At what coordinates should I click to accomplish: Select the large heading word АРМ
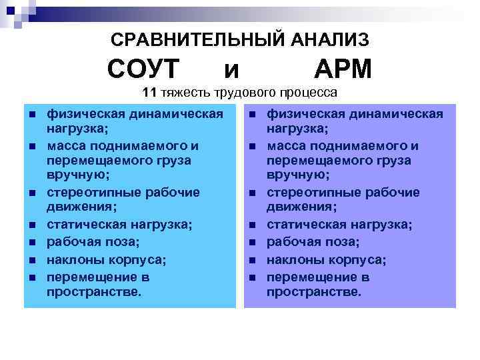click(x=342, y=69)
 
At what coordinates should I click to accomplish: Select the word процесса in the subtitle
click(x=311, y=92)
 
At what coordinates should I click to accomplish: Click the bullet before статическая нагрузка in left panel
click(x=33, y=225)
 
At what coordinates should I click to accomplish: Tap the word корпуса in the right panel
click(x=358, y=259)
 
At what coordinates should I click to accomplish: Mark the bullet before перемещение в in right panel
click(x=253, y=277)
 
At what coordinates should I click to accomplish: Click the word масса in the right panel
click(x=286, y=145)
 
